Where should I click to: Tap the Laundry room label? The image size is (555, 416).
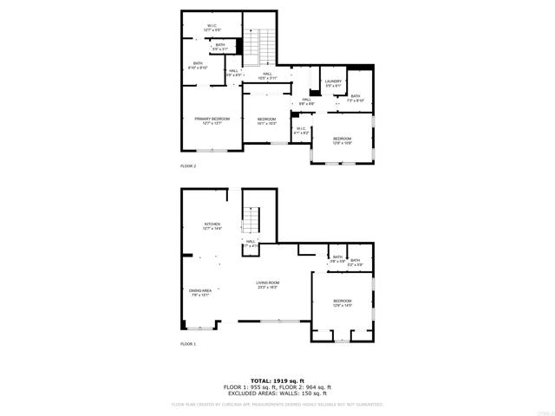pos(334,83)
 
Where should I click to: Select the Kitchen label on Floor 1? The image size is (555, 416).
pos(212,226)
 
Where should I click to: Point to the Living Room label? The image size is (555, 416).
pos(267,284)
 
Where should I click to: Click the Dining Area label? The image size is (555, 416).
pos(200,293)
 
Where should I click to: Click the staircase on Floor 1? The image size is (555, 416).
pos(251,220)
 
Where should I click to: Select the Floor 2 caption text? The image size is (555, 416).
pos(188,166)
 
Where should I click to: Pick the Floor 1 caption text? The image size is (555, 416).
pos(188,344)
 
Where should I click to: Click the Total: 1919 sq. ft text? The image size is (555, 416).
pos(277,380)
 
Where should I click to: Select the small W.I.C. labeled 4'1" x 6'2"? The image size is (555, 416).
pos(302,131)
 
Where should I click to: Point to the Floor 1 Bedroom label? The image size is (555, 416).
pos(343,302)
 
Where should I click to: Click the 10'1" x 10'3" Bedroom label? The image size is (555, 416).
pos(267,120)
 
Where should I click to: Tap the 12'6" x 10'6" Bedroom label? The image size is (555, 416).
pos(343,140)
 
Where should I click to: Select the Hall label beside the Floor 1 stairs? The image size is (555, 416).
pos(251,244)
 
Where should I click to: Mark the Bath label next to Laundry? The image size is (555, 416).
pos(356,98)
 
